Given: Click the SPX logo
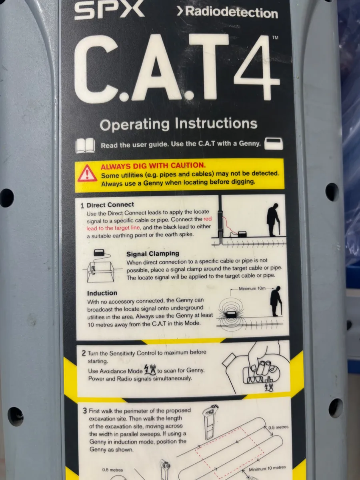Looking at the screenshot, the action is click(109, 10).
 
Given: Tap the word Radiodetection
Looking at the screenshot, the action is click(232, 12).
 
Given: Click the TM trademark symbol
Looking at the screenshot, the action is click(275, 38).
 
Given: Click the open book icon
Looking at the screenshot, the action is click(85, 146).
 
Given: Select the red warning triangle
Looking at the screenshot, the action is click(87, 173).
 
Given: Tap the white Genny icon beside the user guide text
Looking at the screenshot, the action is click(274, 144).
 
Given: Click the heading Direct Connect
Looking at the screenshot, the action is click(110, 205).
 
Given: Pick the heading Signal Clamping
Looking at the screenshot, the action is click(152, 254).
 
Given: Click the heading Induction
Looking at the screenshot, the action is click(102, 293).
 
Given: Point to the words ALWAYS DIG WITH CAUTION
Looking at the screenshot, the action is click(153, 166).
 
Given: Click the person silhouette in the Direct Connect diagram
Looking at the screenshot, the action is click(273, 220).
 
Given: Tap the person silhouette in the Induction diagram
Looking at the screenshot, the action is click(276, 301).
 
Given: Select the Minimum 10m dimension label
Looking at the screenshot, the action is click(252, 288).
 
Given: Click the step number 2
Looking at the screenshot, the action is click(84, 353).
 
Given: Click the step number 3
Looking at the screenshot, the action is click(85, 411).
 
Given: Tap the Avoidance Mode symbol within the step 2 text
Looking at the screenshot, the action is click(150, 369).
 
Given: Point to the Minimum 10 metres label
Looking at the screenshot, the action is click(267, 468).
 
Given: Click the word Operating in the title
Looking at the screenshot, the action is click(134, 125).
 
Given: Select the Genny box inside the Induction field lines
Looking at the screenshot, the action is click(231, 315).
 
